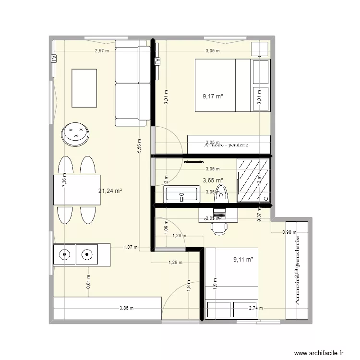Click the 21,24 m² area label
pyautogui.click(x=110, y=191)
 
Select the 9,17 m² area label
pyautogui.click(x=213, y=96)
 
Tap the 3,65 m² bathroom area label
pyautogui.click(x=213, y=180)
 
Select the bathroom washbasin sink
pyautogui.click(x=181, y=194)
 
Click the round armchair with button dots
pyautogui.click(x=76, y=133)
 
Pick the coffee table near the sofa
pyautogui.click(x=84, y=88)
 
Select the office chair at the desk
pyautogui.click(x=219, y=227)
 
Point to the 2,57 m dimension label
pyautogui.click(x=101, y=50)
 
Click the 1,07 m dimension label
pyautogui.click(x=131, y=247)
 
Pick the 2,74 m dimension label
pyautogui.click(x=255, y=309)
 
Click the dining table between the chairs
pyautogui.click(x=77, y=190)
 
